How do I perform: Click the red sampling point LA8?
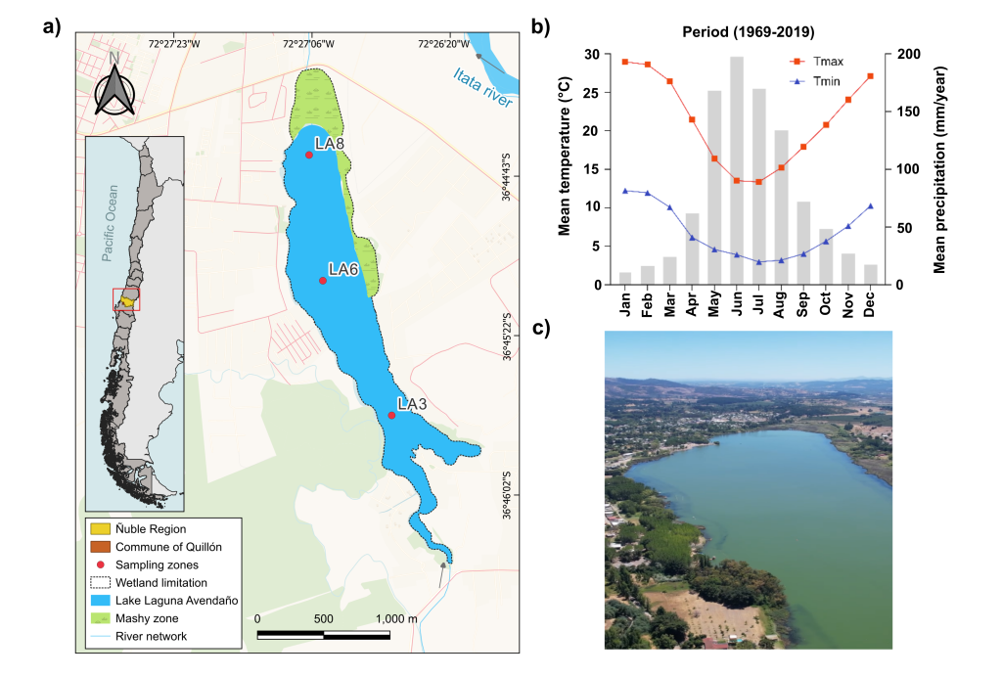(x=309, y=155)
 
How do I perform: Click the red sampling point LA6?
(x=323, y=281)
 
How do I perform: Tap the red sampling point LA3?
(x=391, y=415)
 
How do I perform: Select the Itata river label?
(x=482, y=88)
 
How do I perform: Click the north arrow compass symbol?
(x=114, y=90)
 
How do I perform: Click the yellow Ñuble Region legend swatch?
(x=99, y=529)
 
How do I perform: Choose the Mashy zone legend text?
(x=148, y=618)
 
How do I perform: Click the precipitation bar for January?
(x=625, y=279)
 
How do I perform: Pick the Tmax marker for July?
(x=757, y=182)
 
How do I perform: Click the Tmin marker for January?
(x=625, y=191)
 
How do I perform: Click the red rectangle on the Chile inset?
(x=126, y=299)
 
